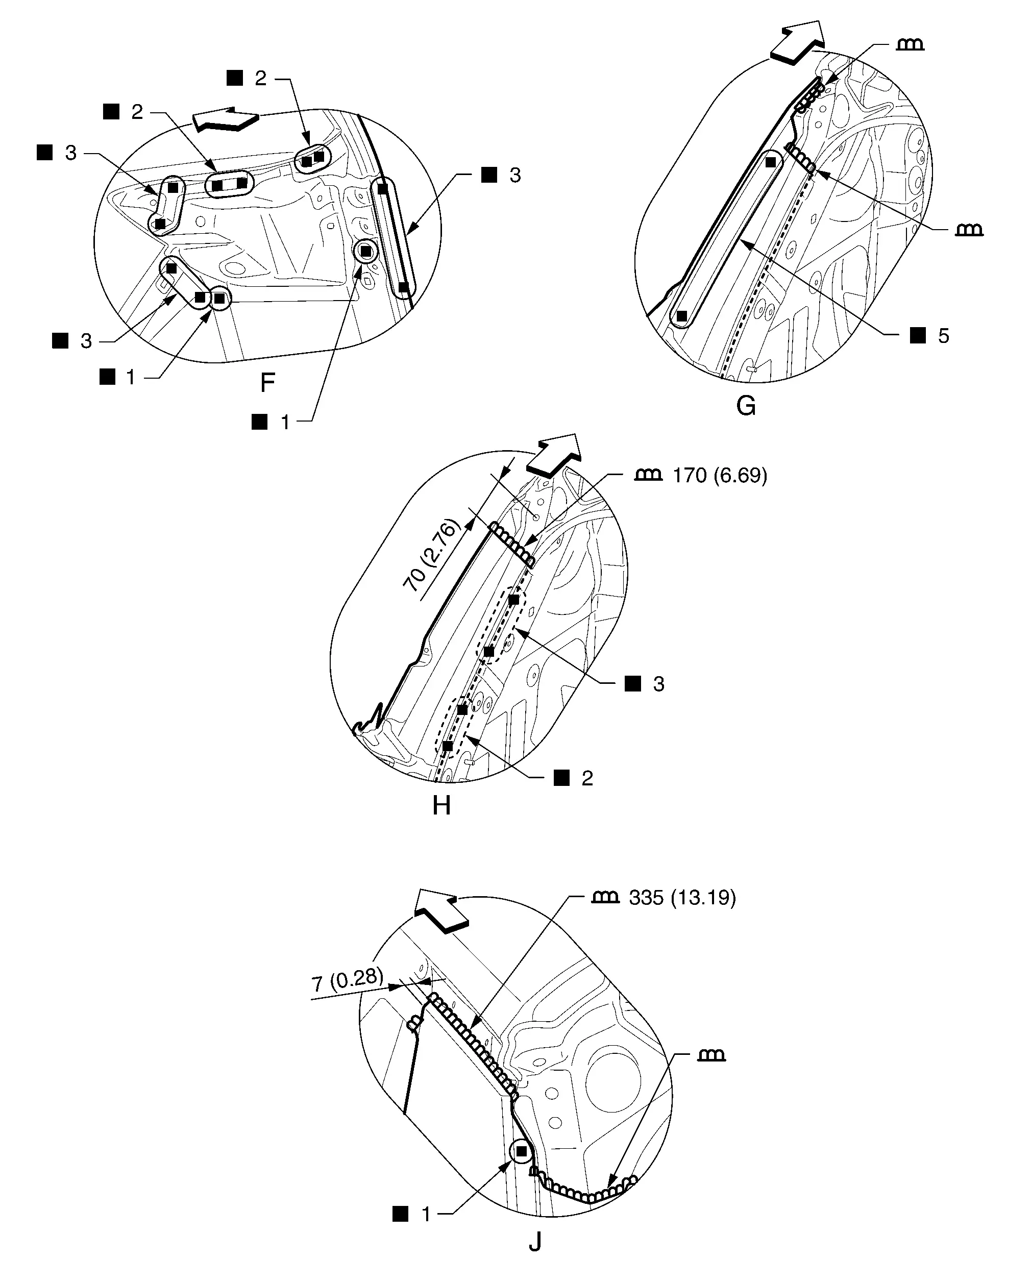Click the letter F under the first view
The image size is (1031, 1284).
pyautogui.click(x=267, y=382)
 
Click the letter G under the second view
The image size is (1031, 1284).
pyautogui.click(x=746, y=406)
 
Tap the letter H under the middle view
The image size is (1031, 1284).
pyautogui.click(x=441, y=806)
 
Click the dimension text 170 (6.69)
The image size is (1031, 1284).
pyautogui.click(x=720, y=476)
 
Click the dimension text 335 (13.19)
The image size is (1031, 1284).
pyautogui.click(x=682, y=898)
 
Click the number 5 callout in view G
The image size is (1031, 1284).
pyautogui.click(x=943, y=336)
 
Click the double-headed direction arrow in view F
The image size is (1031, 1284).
pyautogui.click(x=226, y=118)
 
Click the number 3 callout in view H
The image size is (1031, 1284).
pyautogui.click(x=658, y=684)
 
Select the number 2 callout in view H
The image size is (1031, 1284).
pyautogui.click(x=587, y=778)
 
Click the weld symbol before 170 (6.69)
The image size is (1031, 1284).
pyautogui.click(x=649, y=475)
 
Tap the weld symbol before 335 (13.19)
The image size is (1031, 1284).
pyautogui.click(x=605, y=896)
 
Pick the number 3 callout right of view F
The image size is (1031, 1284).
pyautogui.click(x=514, y=176)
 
